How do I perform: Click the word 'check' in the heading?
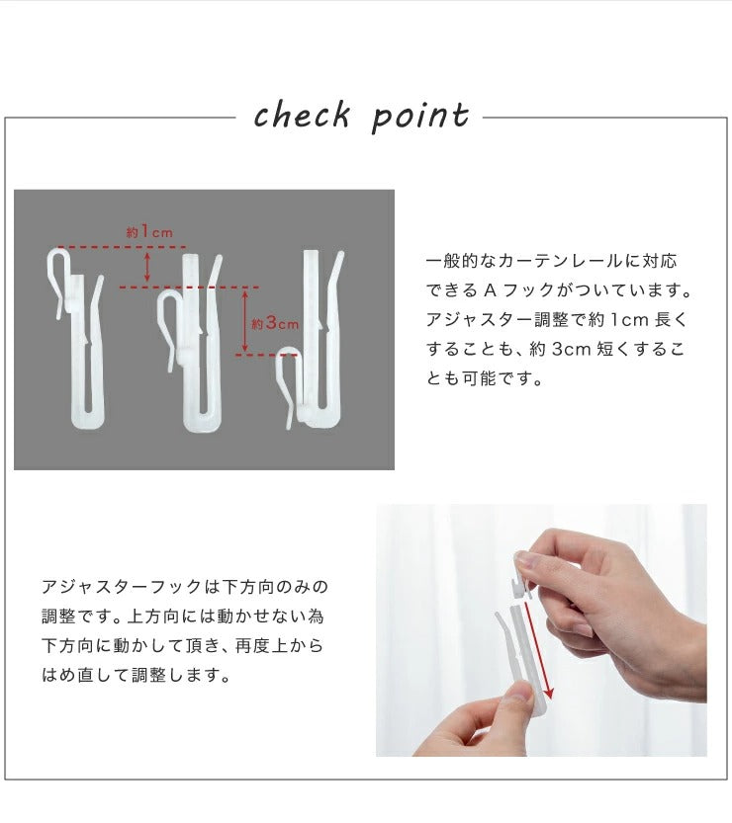(x=302, y=115)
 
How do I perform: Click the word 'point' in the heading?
(x=420, y=117)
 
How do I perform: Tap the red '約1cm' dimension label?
(x=149, y=232)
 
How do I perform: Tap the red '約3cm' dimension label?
(x=274, y=323)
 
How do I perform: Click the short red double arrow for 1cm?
(x=147, y=267)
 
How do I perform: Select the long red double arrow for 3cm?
(x=244, y=321)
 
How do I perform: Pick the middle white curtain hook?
(x=191, y=342)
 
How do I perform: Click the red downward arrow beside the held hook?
(x=537, y=651)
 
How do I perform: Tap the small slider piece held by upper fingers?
(x=521, y=576)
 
